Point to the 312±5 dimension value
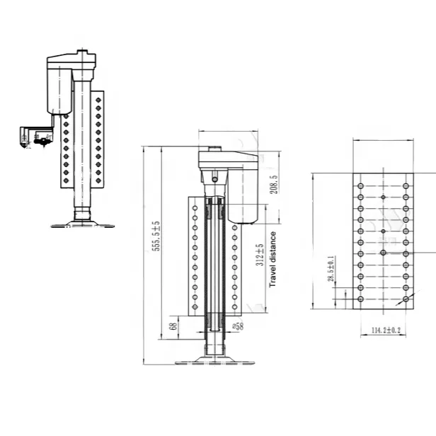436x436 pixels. pyautogui.click(x=260, y=254)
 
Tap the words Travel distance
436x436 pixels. pyautogui.click(x=272, y=260)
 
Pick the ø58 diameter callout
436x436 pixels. pyautogui.click(x=238, y=326)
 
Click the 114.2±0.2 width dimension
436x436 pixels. pyautogui.click(x=386, y=331)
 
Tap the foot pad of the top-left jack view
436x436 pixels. pyautogui.click(x=83, y=224)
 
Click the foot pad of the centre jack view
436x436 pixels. pyautogui.click(x=215, y=361)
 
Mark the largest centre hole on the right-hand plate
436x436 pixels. pyautogui.click(x=383, y=253)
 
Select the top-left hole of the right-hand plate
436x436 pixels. pyautogui.click(x=360, y=186)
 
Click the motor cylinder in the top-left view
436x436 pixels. pyautogui.click(x=59, y=88)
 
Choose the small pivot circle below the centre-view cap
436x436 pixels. pyautogui.click(x=214, y=179)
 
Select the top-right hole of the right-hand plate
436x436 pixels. pyautogui.click(x=406, y=186)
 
